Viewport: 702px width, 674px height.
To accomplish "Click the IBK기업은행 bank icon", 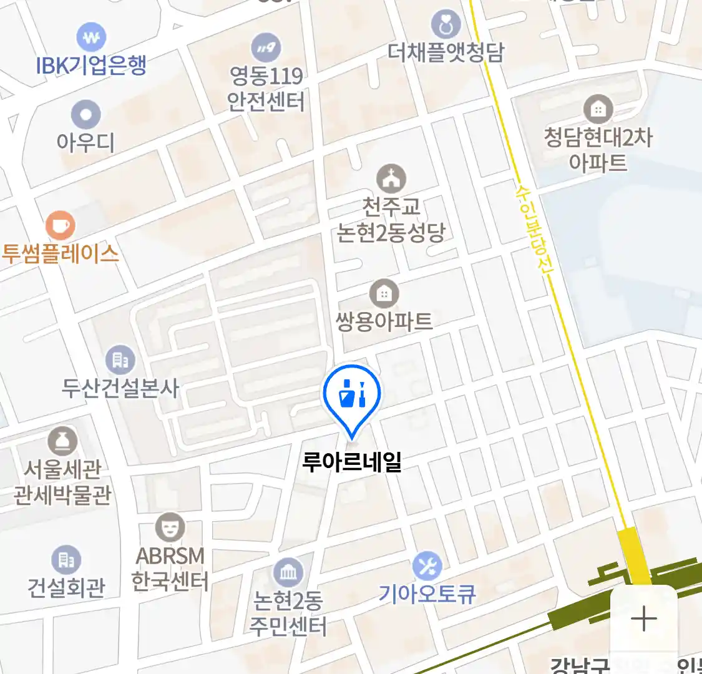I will pyautogui.click(x=91, y=38).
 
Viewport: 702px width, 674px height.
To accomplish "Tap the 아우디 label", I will pyautogui.click(x=85, y=143).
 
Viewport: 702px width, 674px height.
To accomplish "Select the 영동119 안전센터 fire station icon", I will pyautogui.click(x=266, y=47).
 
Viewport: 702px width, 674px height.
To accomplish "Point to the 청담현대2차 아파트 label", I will pyautogui.click(x=598, y=150).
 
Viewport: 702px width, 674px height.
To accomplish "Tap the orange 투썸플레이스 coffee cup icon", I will pyautogui.click(x=61, y=225).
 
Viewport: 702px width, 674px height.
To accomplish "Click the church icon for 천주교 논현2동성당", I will pyautogui.click(x=391, y=179).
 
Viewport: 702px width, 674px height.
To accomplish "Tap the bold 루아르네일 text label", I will pyautogui.click(x=352, y=462).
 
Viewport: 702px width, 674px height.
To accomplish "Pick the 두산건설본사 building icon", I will pyautogui.click(x=120, y=359).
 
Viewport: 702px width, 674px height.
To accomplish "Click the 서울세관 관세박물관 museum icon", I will pyautogui.click(x=62, y=442).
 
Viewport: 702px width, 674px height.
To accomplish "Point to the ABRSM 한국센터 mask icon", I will pyautogui.click(x=170, y=528).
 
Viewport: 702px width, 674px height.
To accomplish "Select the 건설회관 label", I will pyautogui.click(x=66, y=588).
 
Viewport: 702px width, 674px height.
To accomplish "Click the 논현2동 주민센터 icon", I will pyautogui.click(x=288, y=571).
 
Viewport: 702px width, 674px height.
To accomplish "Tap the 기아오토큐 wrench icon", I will pyautogui.click(x=427, y=567).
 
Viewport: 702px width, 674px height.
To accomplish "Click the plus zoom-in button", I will pyautogui.click(x=643, y=619).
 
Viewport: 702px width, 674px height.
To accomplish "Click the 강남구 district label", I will pyautogui.click(x=579, y=665).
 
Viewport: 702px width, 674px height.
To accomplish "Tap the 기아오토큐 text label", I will pyautogui.click(x=427, y=593).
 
